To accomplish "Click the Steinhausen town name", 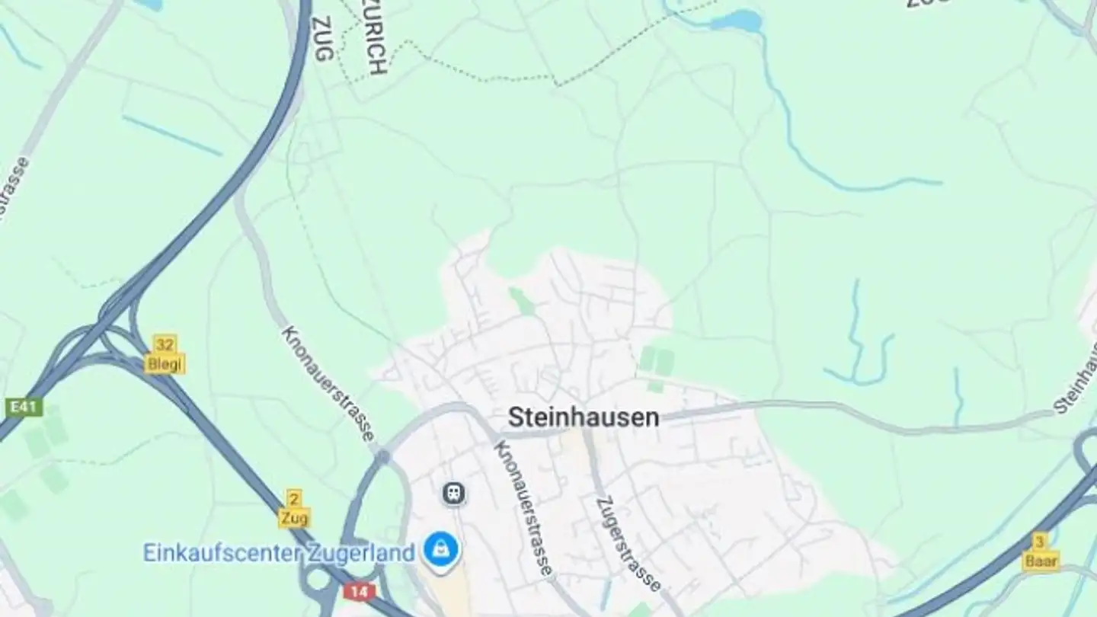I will tap(583, 417).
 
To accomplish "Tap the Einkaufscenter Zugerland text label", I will tap(279, 552).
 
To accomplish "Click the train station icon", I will tap(454, 494).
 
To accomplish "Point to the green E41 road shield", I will tap(24, 408).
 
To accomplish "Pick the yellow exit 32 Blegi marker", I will tap(165, 355).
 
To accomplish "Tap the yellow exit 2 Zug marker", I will tap(293, 509).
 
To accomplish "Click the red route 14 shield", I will tap(359, 591).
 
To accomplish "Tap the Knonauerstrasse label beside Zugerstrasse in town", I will tap(523, 507).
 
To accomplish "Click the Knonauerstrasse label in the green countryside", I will tap(328, 383).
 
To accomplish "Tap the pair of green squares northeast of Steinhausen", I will tap(656, 360).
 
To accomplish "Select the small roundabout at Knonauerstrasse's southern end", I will tap(382, 457).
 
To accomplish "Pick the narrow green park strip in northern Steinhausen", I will tap(523, 300).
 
